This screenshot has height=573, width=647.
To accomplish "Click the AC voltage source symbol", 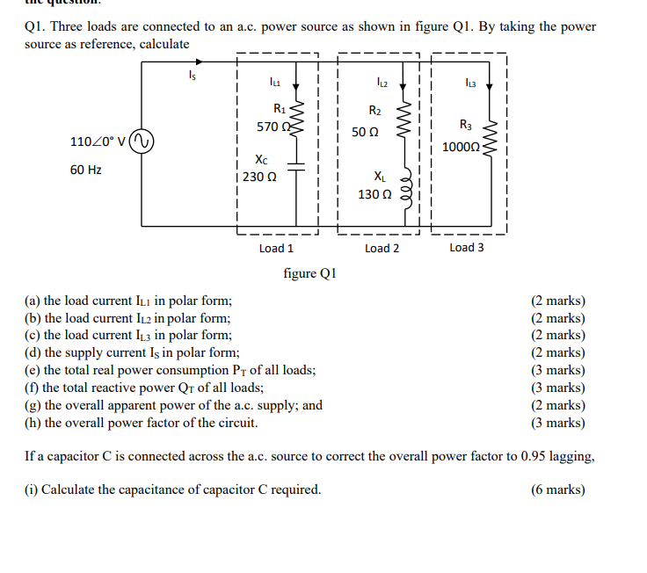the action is click(x=142, y=141).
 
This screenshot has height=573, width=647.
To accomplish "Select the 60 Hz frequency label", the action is click(x=85, y=169).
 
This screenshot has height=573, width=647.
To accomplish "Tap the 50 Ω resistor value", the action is click(x=365, y=132).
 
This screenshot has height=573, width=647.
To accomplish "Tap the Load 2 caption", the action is click(x=382, y=248).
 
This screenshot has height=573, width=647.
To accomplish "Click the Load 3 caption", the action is click(x=467, y=247).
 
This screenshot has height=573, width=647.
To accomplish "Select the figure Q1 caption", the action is click(x=309, y=273).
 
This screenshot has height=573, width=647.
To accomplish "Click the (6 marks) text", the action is click(x=558, y=490).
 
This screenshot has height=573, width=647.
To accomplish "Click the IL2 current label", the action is click(x=380, y=83).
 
